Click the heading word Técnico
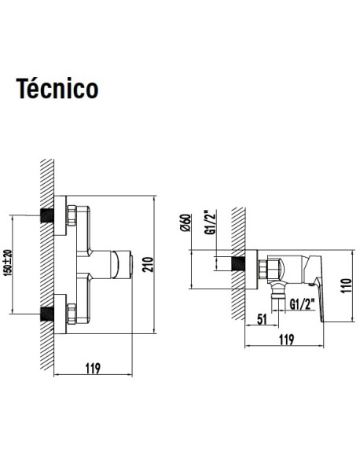click(57, 89)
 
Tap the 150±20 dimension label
click(8, 263)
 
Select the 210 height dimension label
click(148, 264)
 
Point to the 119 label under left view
click(93, 368)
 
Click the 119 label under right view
click(286, 340)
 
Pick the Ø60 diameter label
click(186, 222)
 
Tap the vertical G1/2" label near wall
click(210, 222)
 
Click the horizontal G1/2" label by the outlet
click(302, 304)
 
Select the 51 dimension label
click(262, 319)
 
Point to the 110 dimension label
click(346, 285)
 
